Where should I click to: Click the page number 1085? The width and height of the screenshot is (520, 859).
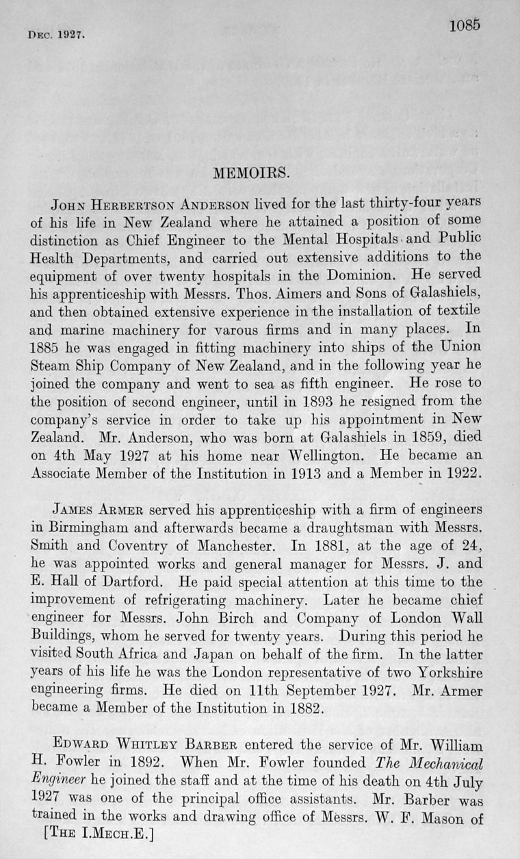pos(465,25)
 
